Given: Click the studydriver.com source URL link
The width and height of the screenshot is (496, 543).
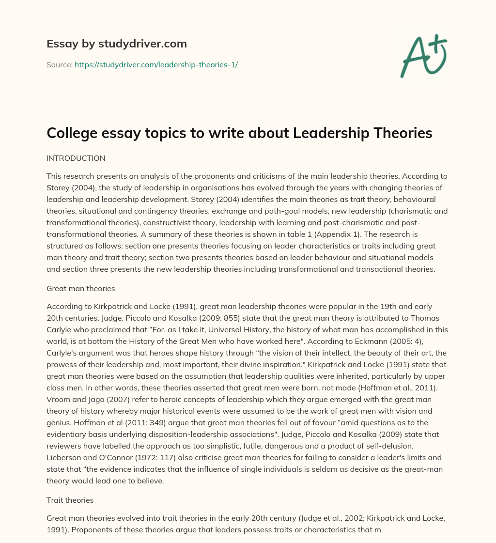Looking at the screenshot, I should [x=156, y=64].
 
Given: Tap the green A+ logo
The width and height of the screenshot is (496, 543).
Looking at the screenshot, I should [x=423, y=56].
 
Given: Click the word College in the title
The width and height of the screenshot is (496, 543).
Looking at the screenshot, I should [x=67, y=133].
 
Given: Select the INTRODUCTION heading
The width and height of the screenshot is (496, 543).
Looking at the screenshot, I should [x=76, y=158].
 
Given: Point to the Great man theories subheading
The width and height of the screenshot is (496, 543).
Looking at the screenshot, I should [x=80, y=288].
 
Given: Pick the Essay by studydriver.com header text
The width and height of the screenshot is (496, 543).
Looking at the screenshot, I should [x=116, y=44].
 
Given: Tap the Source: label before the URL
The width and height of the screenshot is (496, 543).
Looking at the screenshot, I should [x=59, y=64].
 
